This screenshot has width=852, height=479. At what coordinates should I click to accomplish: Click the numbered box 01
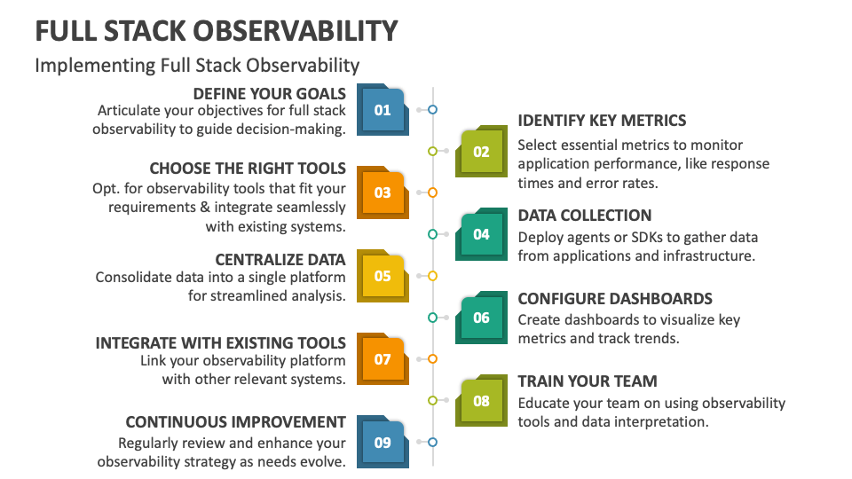click(383, 110)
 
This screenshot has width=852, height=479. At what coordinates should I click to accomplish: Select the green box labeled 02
click(481, 152)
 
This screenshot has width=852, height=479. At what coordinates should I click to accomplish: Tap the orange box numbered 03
click(383, 192)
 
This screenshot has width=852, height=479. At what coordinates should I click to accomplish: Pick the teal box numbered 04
click(481, 234)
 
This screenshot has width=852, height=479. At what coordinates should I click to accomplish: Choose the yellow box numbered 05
click(383, 276)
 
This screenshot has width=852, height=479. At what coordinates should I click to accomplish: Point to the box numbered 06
click(481, 318)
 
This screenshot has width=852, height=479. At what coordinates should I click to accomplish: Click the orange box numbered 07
click(383, 359)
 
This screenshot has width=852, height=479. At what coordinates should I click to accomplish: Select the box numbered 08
click(481, 401)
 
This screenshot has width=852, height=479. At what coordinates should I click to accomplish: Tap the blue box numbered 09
click(383, 442)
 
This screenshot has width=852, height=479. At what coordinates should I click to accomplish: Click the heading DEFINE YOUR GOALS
click(269, 93)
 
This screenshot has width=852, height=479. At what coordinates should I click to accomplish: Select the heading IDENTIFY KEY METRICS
click(602, 121)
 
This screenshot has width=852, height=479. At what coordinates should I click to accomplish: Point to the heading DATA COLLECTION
click(584, 216)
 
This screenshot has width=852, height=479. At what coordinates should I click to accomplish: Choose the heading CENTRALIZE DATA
click(280, 259)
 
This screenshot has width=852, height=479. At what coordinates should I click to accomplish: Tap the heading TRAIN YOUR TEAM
click(587, 381)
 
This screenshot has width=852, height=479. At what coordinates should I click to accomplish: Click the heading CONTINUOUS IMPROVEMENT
click(235, 422)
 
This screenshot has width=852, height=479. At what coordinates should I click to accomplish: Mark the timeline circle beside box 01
click(432, 110)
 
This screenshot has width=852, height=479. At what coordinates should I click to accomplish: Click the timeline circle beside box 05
click(432, 276)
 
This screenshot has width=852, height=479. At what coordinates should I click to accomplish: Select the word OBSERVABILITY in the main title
click(296, 31)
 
